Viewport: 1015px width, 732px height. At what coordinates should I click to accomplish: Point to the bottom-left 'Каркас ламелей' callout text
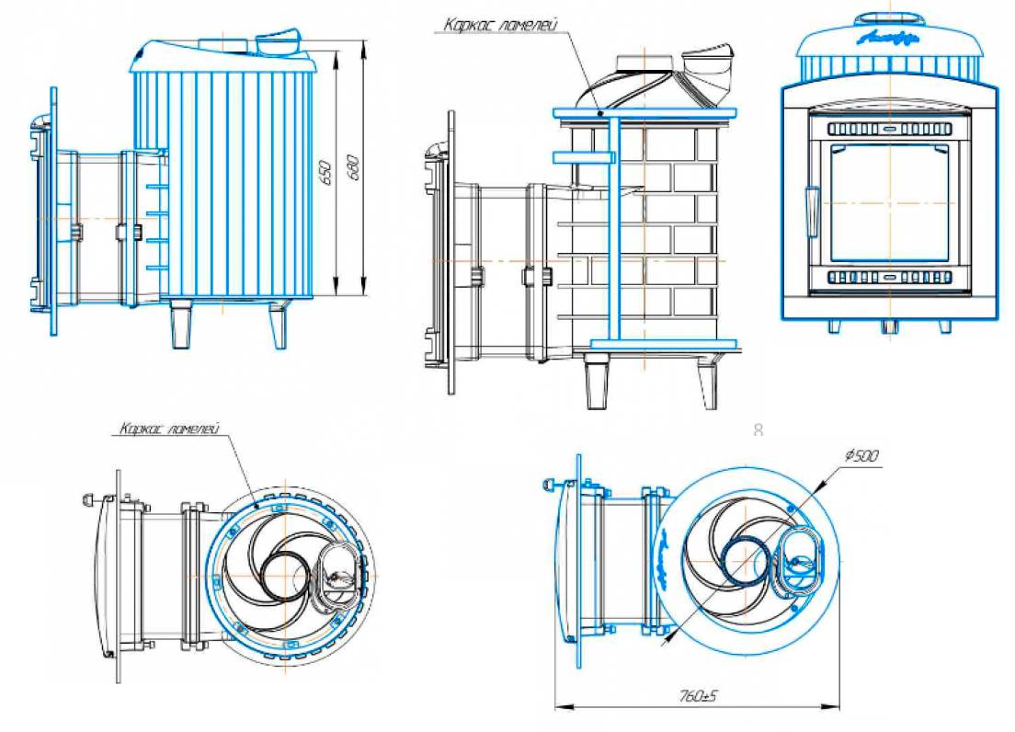click(166, 429)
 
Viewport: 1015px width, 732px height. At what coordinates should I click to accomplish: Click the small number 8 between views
click(758, 429)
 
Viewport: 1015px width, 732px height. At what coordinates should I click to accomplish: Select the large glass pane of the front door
click(889, 202)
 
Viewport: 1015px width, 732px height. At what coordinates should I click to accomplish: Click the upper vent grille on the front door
click(889, 129)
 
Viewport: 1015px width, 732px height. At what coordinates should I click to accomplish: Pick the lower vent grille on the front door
click(889, 276)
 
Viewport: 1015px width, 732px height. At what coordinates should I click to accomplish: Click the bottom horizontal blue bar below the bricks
click(664, 344)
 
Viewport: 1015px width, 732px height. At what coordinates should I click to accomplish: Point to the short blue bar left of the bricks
click(582, 157)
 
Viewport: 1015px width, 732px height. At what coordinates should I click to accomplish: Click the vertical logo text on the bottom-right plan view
click(665, 558)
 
